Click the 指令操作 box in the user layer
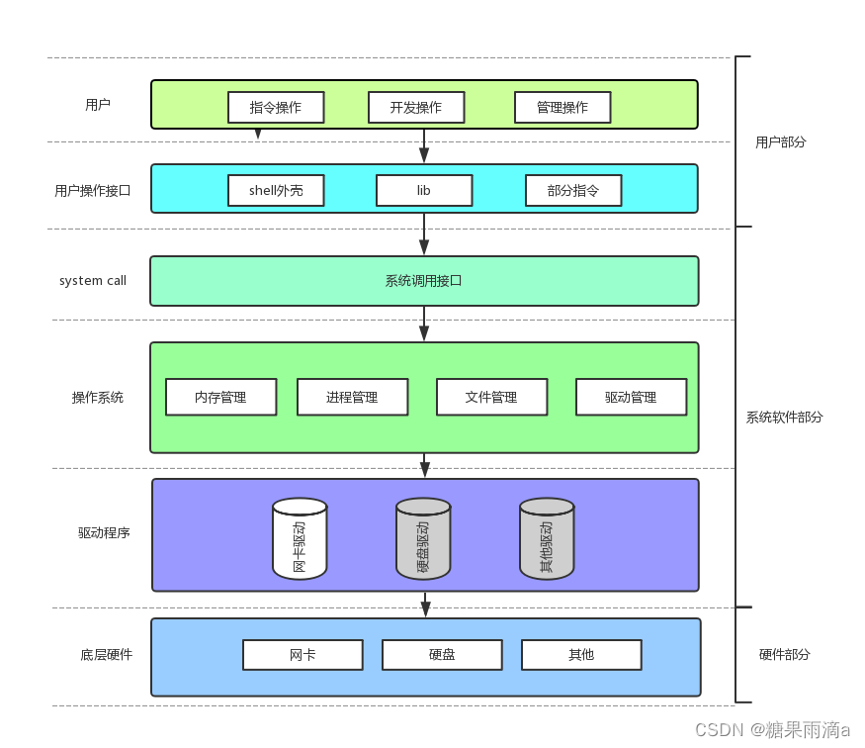coord(276,107)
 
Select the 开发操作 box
coord(416,107)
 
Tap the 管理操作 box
coord(562,107)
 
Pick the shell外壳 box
coord(276,190)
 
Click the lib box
coord(424,190)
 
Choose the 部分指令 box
coord(573,190)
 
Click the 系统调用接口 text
coord(424,281)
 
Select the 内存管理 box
coord(221,397)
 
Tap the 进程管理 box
coord(353,397)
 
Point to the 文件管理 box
coord(492,397)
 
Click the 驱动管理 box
coord(632,397)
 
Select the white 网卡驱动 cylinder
coord(300,539)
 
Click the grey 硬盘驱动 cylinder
coord(423,539)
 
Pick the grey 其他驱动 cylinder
coord(547,539)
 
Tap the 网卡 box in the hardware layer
coord(303,655)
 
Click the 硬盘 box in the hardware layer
coord(442,655)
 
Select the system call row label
coord(93,281)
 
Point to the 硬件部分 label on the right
coord(785,655)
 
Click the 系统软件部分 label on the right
coord(784,418)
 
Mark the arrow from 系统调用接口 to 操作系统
coord(424,324)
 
